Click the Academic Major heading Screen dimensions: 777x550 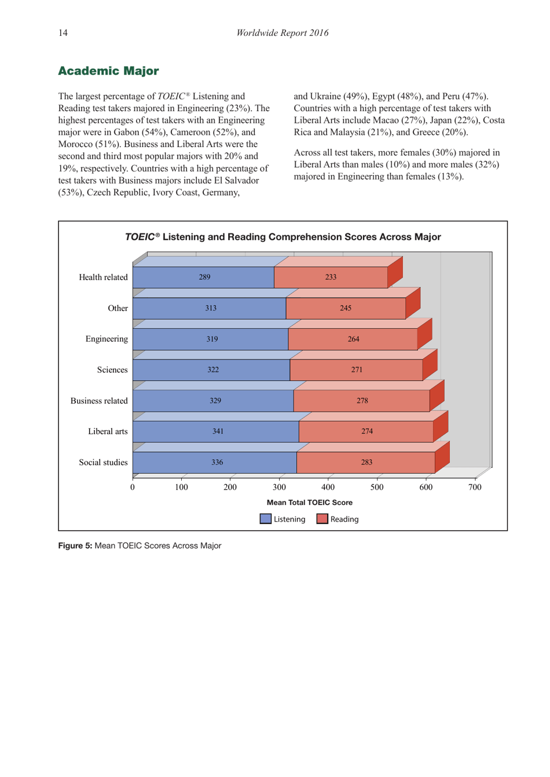point(108,71)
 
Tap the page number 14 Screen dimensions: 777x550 point(63,33)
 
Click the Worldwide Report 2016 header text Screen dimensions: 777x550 point(282,33)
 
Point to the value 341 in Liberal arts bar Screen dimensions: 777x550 point(218,431)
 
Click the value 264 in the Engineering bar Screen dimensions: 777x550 point(353,339)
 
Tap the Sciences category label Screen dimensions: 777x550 point(112,370)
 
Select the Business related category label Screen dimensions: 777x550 point(99,401)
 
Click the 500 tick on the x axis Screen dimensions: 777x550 point(377,488)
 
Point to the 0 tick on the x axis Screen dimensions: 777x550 point(133,488)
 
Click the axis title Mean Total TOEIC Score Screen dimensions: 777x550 point(309,503)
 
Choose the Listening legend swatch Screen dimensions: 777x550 point(266,519)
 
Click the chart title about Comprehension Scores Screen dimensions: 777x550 point(283,237)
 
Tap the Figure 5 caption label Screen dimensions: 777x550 point(75,546)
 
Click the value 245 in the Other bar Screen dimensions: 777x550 point(345,309)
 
